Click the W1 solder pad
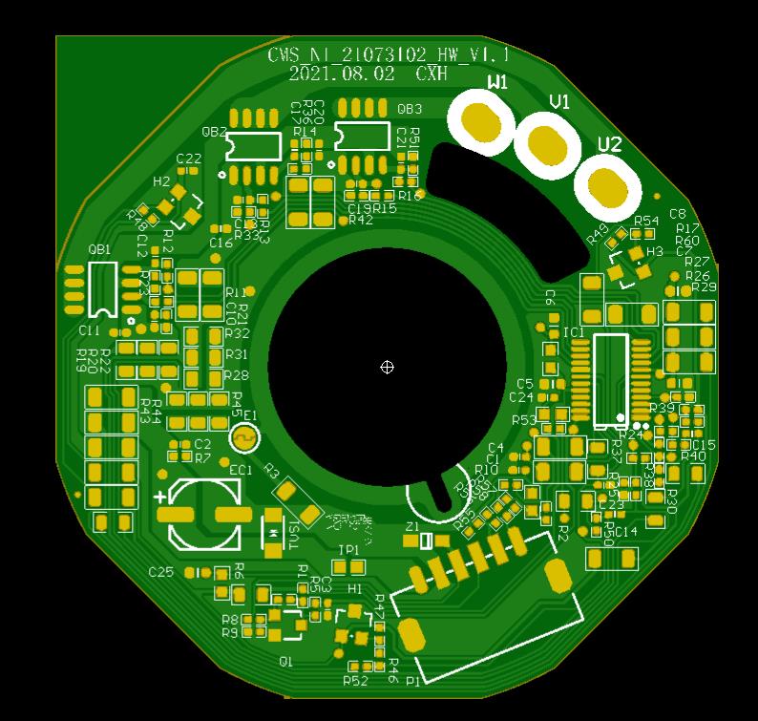click(x=483, y=121)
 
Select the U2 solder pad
click(x=605, y=188)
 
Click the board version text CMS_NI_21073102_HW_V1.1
click(x=388, y=54)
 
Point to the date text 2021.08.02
click(x=341, y=74)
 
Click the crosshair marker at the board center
click(x=387, y=367)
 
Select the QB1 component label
click(x=99, y=249)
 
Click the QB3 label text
click(x=410, y=110)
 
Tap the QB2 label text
click(x=215, y=132)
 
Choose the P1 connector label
click(x=412, y=682)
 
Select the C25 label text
click(x=161, y=572)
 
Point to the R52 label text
click(x=355, y=681)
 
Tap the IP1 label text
click(x=349, y=550)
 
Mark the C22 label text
click(x=189, y=159)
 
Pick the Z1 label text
click(x=412, y=527)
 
